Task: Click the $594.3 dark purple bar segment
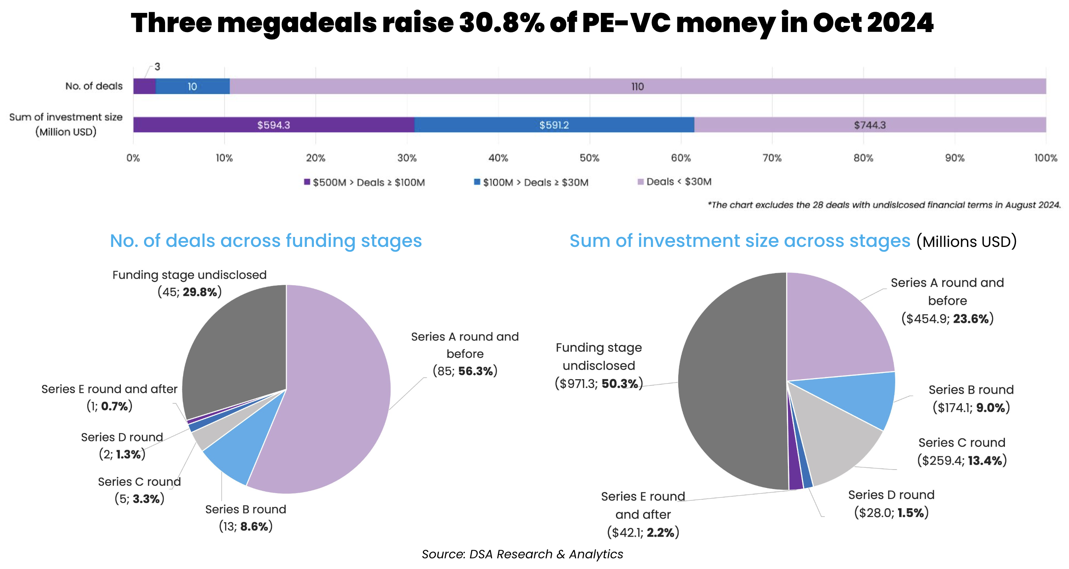pos(273,125)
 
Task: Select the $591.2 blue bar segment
pos(554,125)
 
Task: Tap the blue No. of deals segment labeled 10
pos(192,86)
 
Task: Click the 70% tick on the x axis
pos(772,158)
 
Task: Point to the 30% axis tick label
pos(407,158)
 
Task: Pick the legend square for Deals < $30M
pos(640,182)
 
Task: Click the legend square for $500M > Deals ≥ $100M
pos(307,182)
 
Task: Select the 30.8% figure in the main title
pos(501,23)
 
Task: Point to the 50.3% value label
pos(620,384)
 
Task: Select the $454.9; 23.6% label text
pos(947,319)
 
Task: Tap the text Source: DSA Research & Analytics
pos(522,555)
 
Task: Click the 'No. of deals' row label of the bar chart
pos(94,86)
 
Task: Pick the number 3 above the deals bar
pos(157,67)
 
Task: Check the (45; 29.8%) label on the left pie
pos(190,292)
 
